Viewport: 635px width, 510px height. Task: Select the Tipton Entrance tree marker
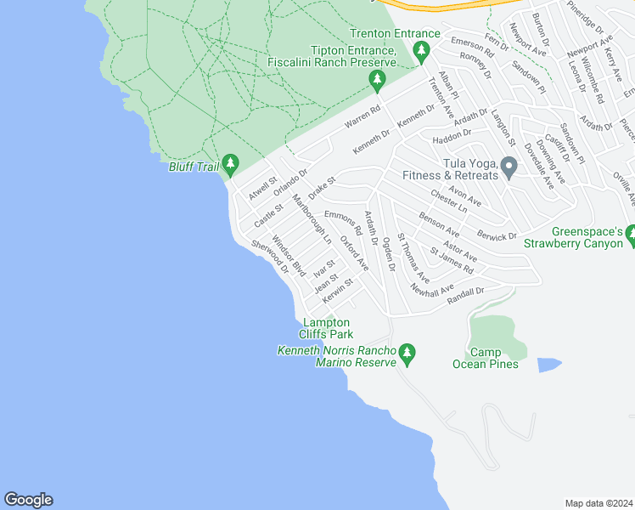coord(377,81)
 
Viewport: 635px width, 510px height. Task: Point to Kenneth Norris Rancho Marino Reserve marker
coord(407,352)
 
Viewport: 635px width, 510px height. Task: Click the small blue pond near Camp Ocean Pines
coord(549,364)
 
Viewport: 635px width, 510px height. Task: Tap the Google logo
coord(28,500)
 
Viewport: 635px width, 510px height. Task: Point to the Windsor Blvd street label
coord(288,256)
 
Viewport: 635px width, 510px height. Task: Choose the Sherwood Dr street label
coord(270,256)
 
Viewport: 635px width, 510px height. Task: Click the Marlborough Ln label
coord(312,220)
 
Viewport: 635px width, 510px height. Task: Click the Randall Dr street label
coord(465,292)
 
